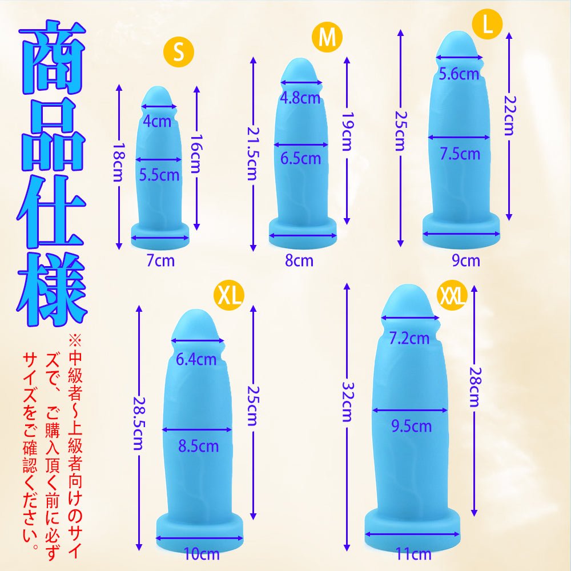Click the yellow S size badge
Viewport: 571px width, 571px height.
coord(179,52)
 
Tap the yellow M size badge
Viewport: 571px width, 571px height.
coord(327,38)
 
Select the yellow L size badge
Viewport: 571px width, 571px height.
coord(487,25)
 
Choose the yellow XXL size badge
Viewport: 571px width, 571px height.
coord(452,296)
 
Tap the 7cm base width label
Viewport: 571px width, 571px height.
coord(160,262)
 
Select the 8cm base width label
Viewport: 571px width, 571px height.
coord(299,262)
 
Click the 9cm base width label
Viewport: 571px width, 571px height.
coord(466,262)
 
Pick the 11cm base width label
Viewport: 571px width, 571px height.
coord(413,553)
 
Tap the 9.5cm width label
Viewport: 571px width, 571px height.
coord(411,426)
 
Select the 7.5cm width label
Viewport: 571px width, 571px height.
coord(460,154)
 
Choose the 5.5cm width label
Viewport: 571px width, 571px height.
coord(159,175)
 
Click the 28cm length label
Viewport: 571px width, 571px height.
coord(474,388)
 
